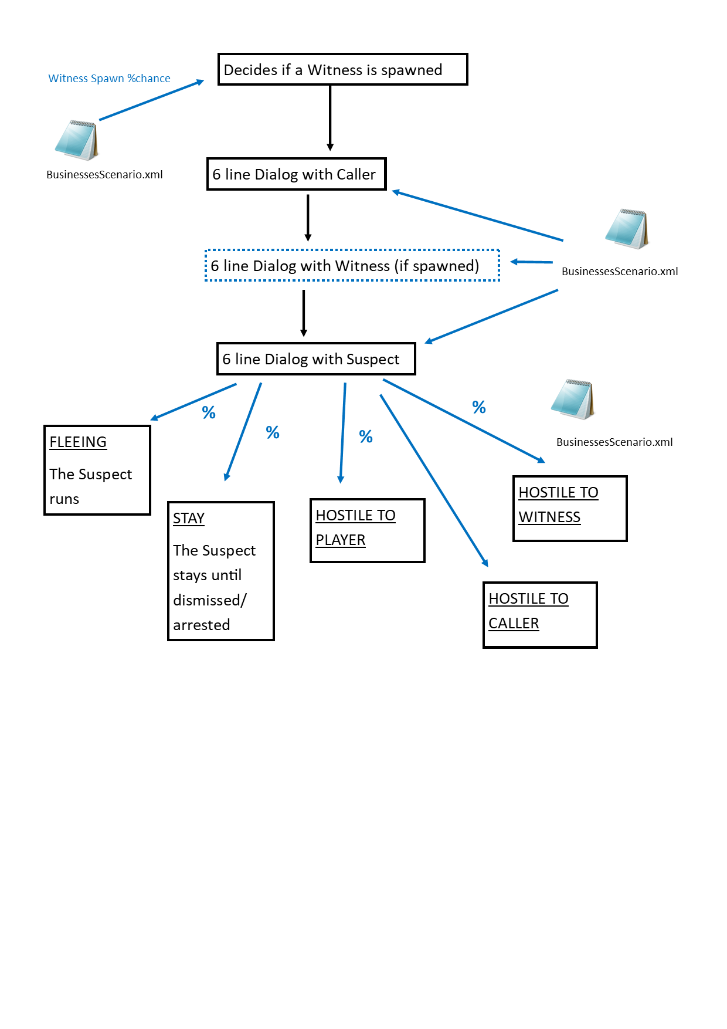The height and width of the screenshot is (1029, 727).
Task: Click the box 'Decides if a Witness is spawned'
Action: pos(342,70)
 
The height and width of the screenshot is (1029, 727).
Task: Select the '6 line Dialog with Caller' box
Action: pos(296,174)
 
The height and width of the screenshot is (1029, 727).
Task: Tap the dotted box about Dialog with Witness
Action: pos(352,266)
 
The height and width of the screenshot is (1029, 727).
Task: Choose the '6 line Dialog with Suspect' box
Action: pos(315,359)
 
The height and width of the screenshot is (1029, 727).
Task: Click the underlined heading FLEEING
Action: pos(78,442)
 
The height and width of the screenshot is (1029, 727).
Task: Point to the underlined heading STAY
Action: pos(189,519)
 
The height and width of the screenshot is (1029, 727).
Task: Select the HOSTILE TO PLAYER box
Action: pos(367,530)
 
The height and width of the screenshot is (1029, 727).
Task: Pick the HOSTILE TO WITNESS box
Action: pos(570,508)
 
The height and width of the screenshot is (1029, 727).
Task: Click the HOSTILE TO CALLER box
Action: pos(539,615)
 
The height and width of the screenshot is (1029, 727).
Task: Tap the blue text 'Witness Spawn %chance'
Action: pos(109,79)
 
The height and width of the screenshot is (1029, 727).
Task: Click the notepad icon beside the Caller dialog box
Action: pos(627,229)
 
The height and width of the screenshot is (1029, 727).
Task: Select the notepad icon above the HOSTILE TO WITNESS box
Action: pos(573,400)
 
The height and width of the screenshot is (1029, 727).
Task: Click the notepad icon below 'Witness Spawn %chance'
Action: pos(76,140)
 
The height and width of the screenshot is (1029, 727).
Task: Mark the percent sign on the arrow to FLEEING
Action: pos(209,412)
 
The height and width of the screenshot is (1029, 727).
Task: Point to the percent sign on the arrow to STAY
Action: pos(273,432)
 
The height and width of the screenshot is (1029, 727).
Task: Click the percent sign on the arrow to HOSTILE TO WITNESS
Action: pos(479,407)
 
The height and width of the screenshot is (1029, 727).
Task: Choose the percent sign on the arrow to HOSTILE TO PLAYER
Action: pos(366,436)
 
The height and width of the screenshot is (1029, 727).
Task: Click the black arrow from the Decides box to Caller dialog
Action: pos(330,117)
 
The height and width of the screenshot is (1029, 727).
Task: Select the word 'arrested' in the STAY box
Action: pos(201,625)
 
